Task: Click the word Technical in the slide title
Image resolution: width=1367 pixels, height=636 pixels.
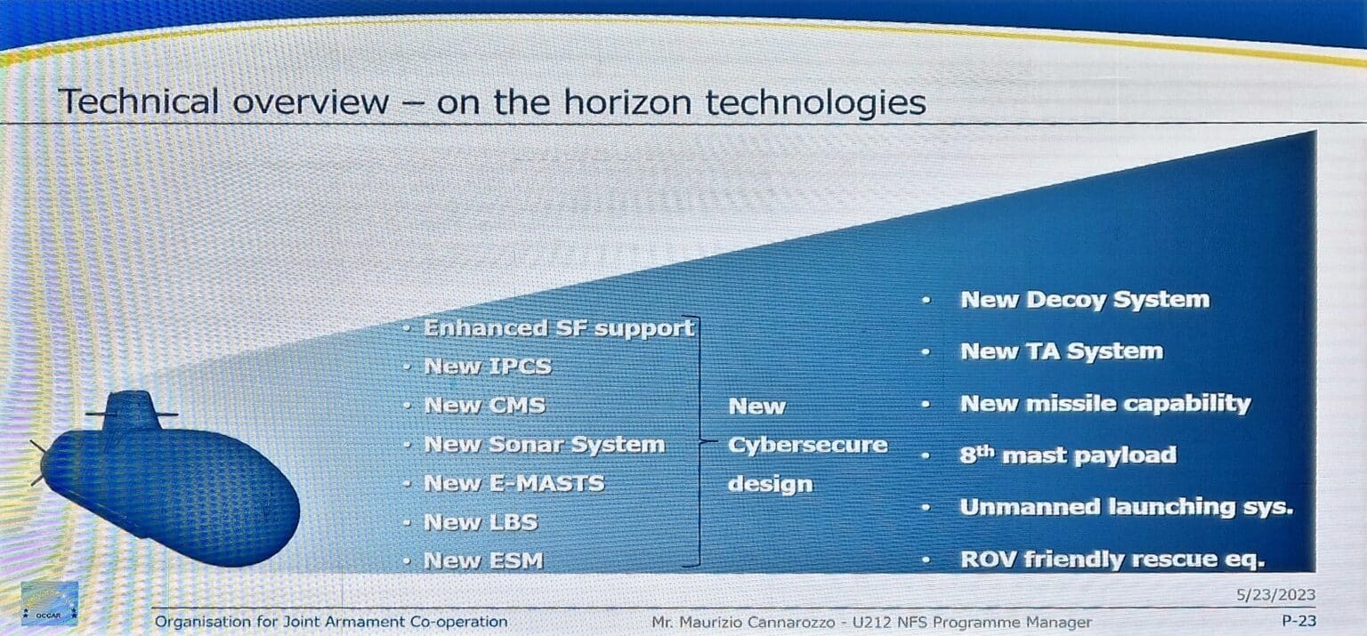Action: point(139,101)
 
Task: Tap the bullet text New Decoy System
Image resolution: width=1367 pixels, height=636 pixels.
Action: point(1085,300)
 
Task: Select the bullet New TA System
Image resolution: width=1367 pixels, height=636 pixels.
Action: point(1062,351)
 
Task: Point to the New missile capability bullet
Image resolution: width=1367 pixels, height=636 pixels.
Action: point(1106,404)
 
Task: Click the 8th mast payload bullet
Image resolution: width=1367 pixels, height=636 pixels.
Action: point(1068,455)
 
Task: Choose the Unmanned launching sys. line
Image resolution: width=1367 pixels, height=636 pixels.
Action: point(1127,507)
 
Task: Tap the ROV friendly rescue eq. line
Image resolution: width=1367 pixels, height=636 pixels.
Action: point(1112,560)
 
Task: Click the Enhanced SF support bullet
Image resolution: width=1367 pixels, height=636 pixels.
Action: point(559,328)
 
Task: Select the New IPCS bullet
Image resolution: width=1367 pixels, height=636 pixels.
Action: point(488,366)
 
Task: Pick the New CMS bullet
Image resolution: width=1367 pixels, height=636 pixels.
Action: point(484,406)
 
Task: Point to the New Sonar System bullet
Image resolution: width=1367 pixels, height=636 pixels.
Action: point(545,445)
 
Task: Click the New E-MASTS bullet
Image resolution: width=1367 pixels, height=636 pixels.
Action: point(514,484)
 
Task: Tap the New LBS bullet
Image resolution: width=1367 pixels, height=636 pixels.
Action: point(481,522)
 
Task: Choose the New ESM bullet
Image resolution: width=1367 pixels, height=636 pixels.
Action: point(483,561)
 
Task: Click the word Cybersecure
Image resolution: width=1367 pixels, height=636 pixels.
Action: point(808,445)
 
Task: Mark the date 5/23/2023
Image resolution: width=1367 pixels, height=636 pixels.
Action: point(1276,594)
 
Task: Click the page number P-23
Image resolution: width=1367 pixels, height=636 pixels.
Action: point(1299,622)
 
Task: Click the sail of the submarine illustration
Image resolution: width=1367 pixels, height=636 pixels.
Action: point(131,411)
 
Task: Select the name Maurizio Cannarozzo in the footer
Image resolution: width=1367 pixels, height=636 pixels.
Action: point(757,623)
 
